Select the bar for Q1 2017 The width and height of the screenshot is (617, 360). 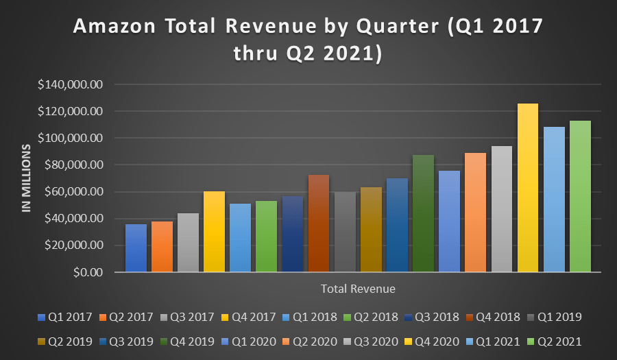[x=136, y=248]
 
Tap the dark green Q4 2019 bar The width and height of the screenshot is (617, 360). [x=423, y=213]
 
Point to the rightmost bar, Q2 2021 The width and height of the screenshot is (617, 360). [x=580, y=196]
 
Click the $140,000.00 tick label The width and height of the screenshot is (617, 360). [x=71, y=84]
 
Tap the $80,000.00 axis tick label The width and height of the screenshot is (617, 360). [x=73, y=165]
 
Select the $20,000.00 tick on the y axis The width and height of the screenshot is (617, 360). [x=73, y=245]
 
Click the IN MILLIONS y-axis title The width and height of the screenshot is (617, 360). [x=27, y=178]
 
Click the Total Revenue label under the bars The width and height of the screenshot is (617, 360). [x=358, y=289]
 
